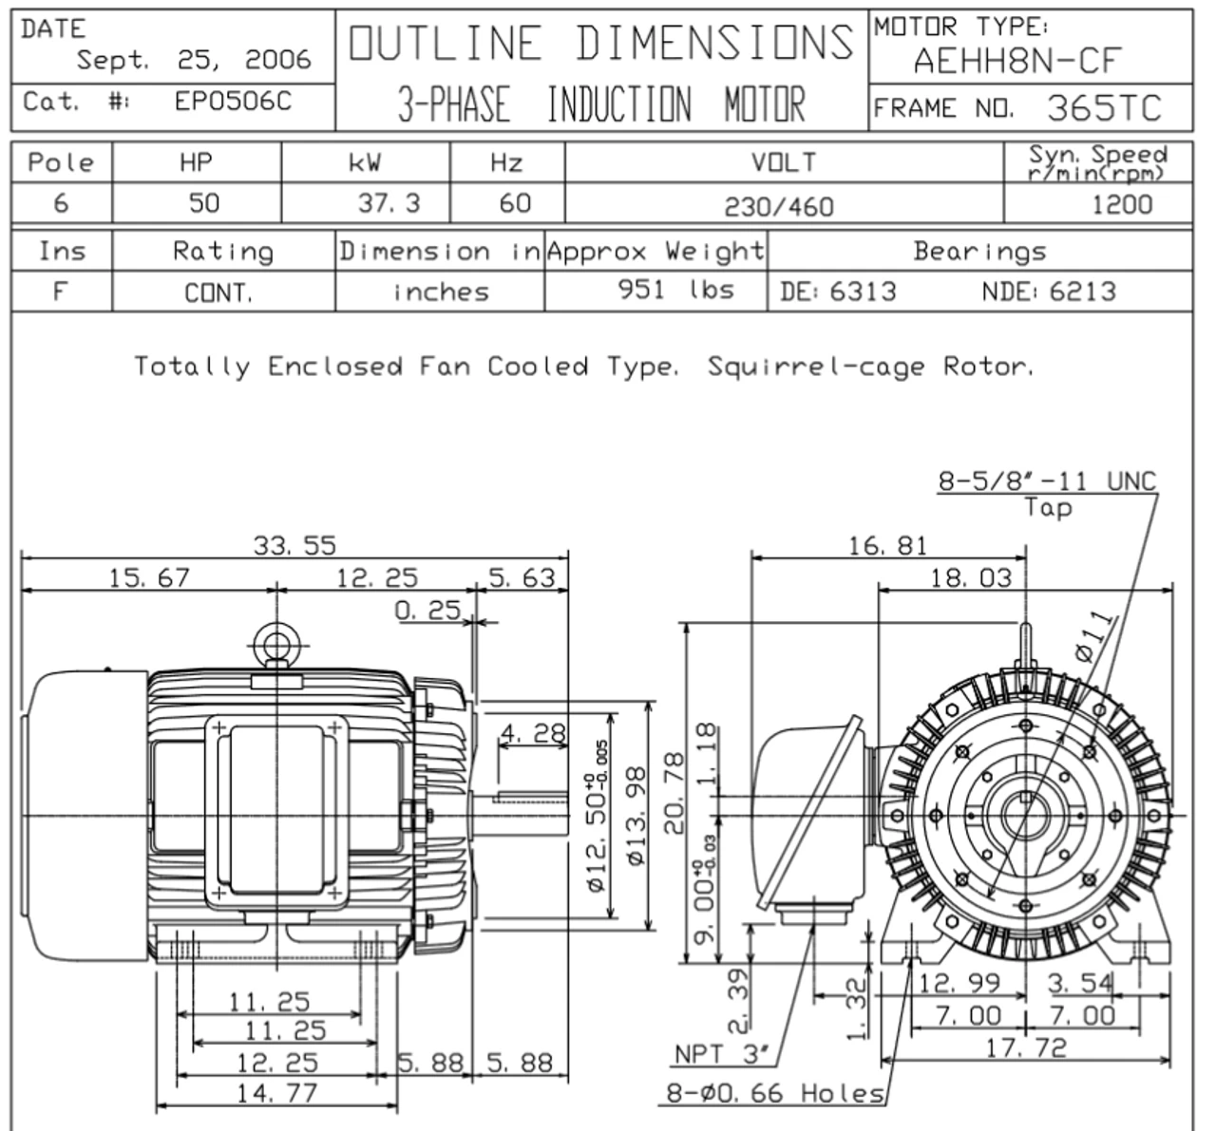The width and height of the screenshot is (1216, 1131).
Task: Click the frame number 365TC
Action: pos(1104,108)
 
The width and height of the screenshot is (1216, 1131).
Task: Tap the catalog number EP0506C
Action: pos(233,102)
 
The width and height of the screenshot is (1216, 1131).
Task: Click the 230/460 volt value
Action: pos(779,205)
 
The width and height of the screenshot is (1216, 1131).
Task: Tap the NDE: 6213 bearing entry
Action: pos(1049,291)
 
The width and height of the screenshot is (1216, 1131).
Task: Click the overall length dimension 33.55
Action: pos(294,545)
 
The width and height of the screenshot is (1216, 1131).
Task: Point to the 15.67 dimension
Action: pos(149,577)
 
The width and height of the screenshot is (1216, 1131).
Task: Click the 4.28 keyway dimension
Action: pos(533,733)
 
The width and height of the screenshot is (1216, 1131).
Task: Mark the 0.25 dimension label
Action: pos(427,610)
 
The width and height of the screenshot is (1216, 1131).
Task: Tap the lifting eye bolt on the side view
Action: pos(276,646)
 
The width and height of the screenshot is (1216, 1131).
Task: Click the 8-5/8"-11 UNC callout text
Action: pos(1048,481)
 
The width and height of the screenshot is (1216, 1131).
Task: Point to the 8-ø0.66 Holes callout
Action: pos(774,1093)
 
